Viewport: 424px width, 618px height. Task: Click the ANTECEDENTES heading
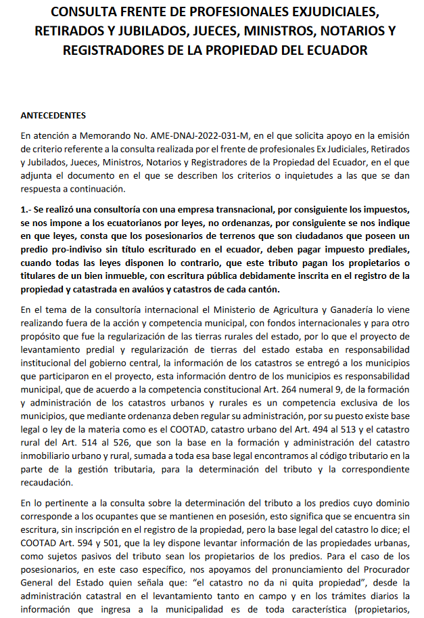[53, 115]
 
